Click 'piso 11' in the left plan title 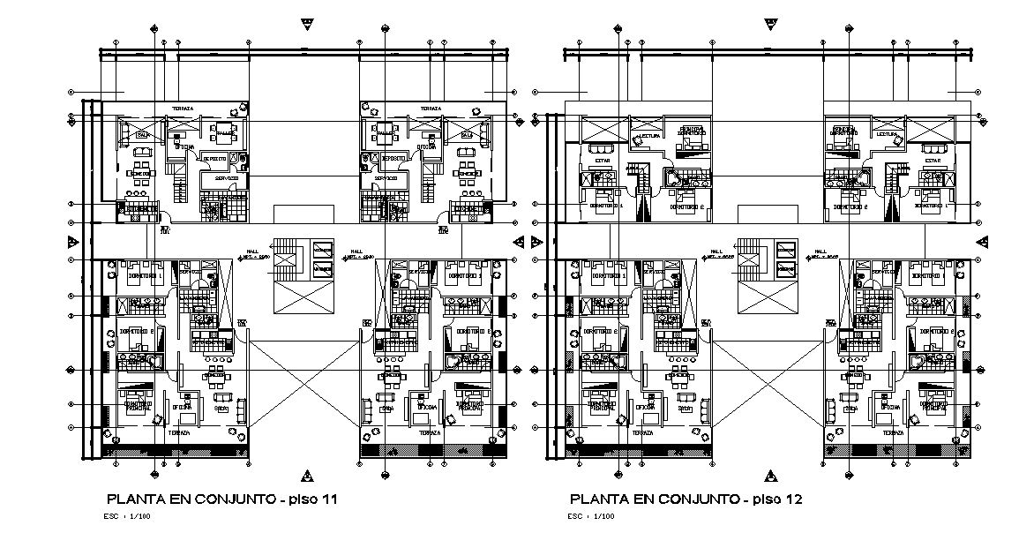click(310, 499)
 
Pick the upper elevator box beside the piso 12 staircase click(785, 251)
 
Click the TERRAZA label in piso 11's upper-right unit click(431, 109)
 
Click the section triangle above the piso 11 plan click(305, 20)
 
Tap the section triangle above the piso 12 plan click(769, 20)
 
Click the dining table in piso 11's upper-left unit click(227, 134)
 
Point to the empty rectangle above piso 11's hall click(303, 214)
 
